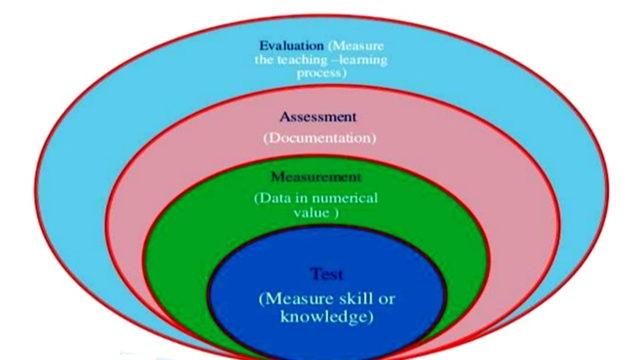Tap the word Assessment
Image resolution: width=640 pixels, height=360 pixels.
[x=318, y=117]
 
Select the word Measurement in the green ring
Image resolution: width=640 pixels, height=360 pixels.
[x=315, y=177]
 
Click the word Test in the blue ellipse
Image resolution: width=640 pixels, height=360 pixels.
[x=326, y=274]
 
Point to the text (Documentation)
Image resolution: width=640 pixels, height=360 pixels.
[x=319, y=138]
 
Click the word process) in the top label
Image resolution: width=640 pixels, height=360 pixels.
[x=321, y=73]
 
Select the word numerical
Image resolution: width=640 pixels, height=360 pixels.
[x=348, y=198]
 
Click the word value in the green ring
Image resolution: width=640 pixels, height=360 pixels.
[x=311, y=212]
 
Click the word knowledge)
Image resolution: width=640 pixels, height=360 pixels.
[x=326, y=317]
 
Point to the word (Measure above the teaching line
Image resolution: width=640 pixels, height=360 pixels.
[x=356, y=45]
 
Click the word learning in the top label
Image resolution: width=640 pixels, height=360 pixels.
[x=368, y=60]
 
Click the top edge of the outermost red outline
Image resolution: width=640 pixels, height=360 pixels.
[x=320, y=17]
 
